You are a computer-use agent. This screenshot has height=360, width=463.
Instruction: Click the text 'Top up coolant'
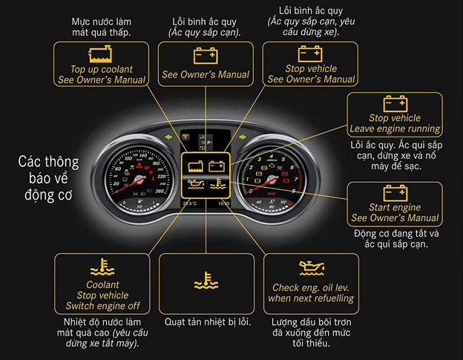coord(97,69)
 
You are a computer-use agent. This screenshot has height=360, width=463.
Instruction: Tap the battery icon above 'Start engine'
coord(395,194)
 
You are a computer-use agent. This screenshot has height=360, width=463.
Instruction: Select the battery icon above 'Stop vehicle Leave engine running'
coord(395,104)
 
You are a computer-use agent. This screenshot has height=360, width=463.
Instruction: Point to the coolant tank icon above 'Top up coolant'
coord(98,53)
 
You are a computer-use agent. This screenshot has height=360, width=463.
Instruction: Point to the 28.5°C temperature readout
coord(190,203)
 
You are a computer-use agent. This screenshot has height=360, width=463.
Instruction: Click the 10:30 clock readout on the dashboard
coord(223,203)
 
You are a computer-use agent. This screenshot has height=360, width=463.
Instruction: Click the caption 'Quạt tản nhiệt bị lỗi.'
coord(208,322)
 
